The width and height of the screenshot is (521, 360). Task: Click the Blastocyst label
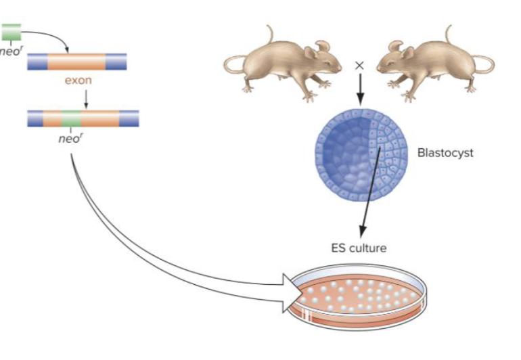coord(445,152)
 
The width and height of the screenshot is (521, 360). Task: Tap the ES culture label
coord(359,248)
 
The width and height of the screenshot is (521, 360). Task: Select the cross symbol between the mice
coord(359,66)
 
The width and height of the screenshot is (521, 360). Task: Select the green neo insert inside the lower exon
coord(71,118)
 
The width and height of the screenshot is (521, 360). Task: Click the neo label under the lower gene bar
coord(70,137)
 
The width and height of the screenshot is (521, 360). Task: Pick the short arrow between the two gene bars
coord(86,98)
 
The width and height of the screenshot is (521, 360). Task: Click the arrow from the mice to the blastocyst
coord(359,86)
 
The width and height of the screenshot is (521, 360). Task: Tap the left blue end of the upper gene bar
coord(37,62)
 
